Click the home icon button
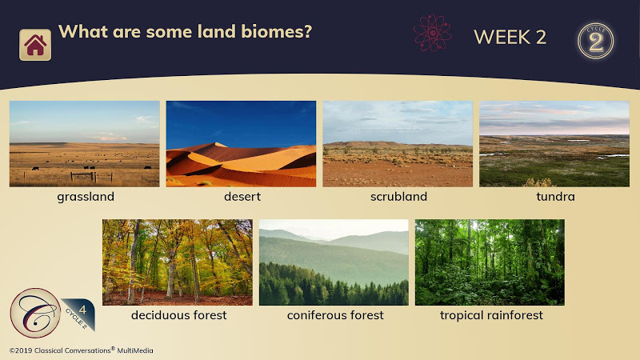click(35, 45)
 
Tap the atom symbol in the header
click(432, 33)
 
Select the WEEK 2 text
click(510, 37)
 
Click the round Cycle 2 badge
click(595, 41)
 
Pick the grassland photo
click(85, 144)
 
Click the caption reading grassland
click(86, 197)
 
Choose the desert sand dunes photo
click(241, 144)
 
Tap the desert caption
click(242, 197)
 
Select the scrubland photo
click(398, 144)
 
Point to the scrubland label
click(398, 197)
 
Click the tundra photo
click(554, 144)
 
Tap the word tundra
click(555, 197)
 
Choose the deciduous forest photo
click(178, 262)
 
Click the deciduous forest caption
click(178, 315)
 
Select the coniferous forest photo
click(334, 262)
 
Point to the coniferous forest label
click(335, 315)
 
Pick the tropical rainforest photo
click(490, 262)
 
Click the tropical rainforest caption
click(491, 315)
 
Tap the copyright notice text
click(82, 350)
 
